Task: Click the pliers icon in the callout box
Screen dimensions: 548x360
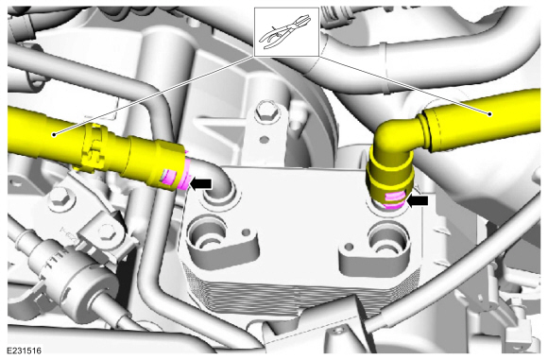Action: (285, 31)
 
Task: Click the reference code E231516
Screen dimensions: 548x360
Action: (25, 351)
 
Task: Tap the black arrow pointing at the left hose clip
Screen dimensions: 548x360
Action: (200, 183)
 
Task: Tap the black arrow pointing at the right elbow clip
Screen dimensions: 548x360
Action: (417, 200)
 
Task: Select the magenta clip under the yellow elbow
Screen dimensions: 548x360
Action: (396, 200)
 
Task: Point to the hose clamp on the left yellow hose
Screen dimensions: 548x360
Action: (92, 147)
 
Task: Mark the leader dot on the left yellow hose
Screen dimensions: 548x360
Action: (54, 134)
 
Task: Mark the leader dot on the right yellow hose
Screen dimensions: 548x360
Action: (490, 113)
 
